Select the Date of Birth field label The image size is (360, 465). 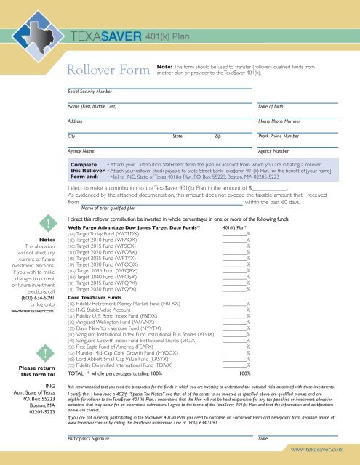coord(273,107)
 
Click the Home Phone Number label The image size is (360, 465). coord(280,121)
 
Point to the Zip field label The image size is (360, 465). coord(217,136)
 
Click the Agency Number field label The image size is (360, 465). coord(274,151)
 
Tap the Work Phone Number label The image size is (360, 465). coord(280,136)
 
